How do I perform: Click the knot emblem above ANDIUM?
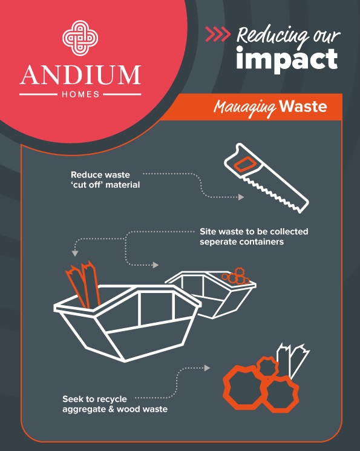point(80,38)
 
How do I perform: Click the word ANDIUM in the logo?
point(80,75)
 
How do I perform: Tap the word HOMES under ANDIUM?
point(80,94)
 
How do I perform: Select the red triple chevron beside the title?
point(218,35)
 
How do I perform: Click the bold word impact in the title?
point(287,59)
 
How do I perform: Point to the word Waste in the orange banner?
point(303,107)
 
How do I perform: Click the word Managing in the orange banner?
point(244,108)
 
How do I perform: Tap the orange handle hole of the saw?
point(244,165)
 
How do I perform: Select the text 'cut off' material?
point(105,185)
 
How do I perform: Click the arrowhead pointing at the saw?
point(241,197)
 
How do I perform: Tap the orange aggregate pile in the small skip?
point(236,276)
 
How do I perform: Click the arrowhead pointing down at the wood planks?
point(75,254)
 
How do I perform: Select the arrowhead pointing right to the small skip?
point(155,265)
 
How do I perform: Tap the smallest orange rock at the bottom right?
point(267,367)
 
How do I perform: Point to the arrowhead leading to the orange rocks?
point(207,367)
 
